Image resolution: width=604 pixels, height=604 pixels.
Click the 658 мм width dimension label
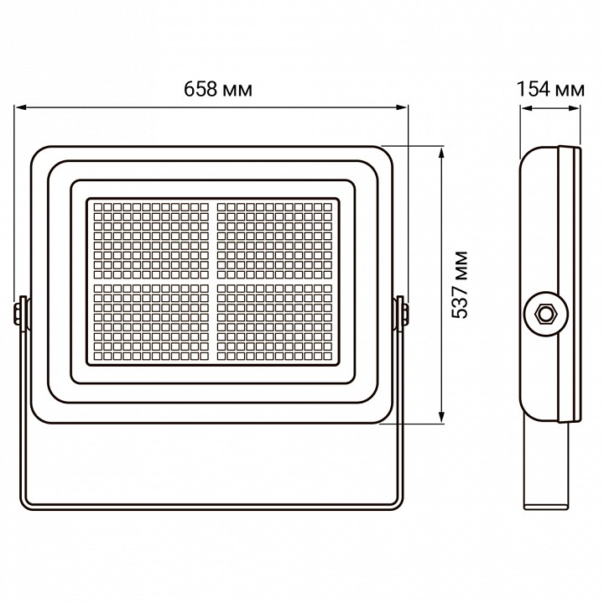[211, 89]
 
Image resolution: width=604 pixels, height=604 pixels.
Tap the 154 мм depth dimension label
[550, 89]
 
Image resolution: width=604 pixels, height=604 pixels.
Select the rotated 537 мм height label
[460, 284]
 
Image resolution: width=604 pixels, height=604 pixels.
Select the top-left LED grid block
[150, 238]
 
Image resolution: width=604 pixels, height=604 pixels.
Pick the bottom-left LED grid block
[150, 322]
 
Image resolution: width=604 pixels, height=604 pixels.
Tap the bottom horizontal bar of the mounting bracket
[211, 506]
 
